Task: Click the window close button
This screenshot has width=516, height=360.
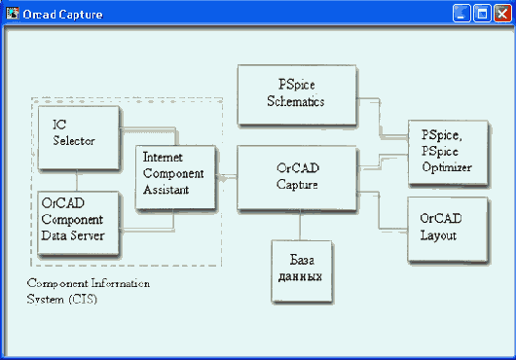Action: click(501, 15)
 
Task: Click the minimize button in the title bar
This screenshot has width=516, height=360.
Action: click(461, 15)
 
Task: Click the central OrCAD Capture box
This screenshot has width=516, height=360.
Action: click(296, 175)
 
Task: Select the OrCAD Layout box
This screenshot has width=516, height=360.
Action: click(442, 229)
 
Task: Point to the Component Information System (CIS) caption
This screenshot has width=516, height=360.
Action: click(88, 291)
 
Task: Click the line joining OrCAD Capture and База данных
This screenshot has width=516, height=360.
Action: click(297, 225)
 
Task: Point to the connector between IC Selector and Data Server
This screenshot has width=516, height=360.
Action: click(76, 179)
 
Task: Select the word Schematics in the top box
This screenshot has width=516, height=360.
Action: click(295, 101)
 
